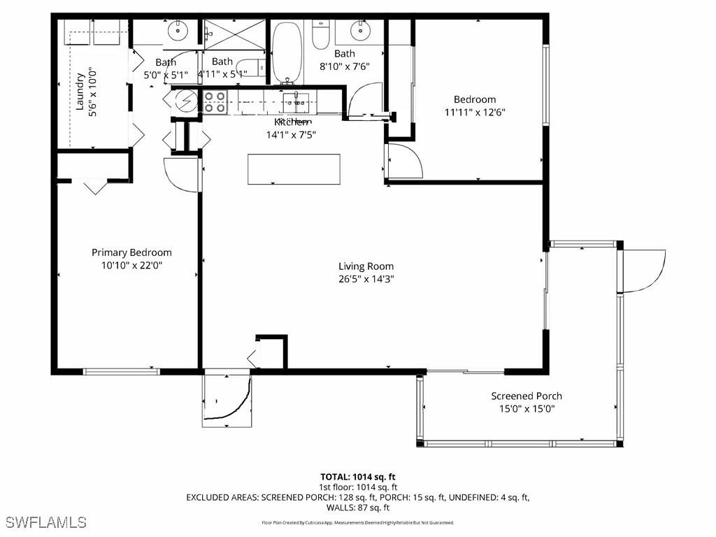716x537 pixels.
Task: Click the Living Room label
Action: pos(366,266)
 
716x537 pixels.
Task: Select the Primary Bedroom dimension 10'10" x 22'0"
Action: pos(131,266)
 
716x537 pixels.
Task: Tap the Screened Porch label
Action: pos(526,396)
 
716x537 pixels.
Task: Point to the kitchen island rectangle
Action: pos(294,169)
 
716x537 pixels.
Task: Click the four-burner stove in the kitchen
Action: pos(215,102)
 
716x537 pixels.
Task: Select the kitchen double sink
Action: pos(296,103)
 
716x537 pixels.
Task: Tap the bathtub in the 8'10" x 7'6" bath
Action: pos(285,52)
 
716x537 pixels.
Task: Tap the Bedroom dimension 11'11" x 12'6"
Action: pos(474,112)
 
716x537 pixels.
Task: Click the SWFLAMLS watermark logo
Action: pos(46,522)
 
